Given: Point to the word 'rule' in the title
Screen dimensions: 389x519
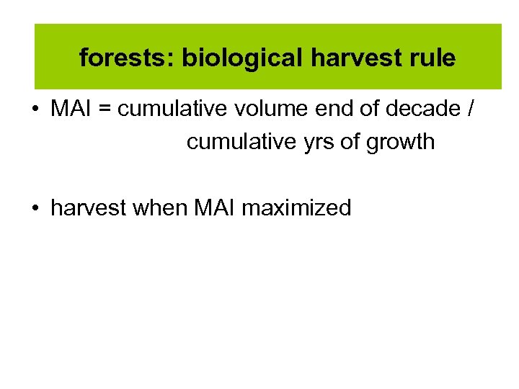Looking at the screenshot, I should tap(432, 58).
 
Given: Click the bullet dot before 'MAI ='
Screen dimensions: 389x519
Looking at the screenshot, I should tap(35, 110).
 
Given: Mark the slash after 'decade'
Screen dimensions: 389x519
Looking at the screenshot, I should tap(471, 109).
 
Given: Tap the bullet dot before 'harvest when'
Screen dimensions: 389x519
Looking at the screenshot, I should tap(35, 209).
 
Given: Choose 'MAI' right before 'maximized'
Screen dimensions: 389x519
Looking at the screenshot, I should tap(215, 208).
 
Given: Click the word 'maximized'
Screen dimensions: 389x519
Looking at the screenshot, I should tap(296, 208).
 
